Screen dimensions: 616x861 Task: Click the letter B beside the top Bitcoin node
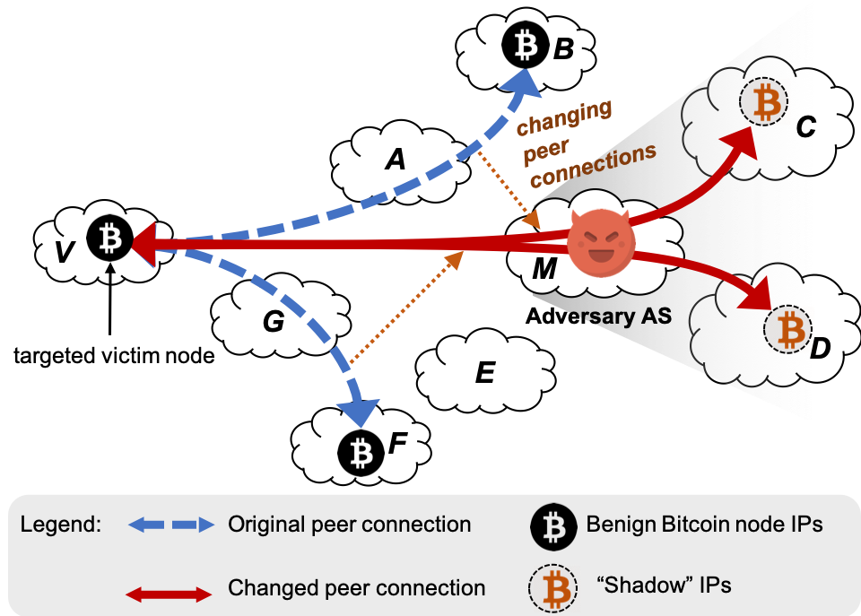pyautogui.click(x=562, y=48)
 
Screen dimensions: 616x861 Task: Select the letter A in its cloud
pyautogui.click(x=395, y=160)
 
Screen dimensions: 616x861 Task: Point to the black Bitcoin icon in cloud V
pyautogui.click(x=110, y=239)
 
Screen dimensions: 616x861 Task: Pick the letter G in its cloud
pyautogui.click(x=273, y=322)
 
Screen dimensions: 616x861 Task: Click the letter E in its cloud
pyautogui.click(x=484, y=372)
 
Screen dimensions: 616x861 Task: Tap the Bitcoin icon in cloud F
pyautogui.click(x=361, y=454)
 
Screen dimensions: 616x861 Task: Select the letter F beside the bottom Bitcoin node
pyautogui.click(x=398, y=443)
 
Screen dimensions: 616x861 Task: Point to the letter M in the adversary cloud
pyautogui.click(x=544, y=268)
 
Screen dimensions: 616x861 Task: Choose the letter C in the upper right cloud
pyautogui.click(x=805, y=128)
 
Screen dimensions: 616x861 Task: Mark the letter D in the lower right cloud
pyautogui.click(x=820, y=350)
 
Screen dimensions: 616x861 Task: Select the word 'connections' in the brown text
pyautogui.click(x=594, y=166)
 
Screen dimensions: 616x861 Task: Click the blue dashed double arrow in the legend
pyautogui.click(x=171, y=525)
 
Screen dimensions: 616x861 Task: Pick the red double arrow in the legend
pyautogui.click(x=170, y=594)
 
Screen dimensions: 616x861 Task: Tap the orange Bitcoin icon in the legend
pyautogui.click(x=556, y=589)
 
